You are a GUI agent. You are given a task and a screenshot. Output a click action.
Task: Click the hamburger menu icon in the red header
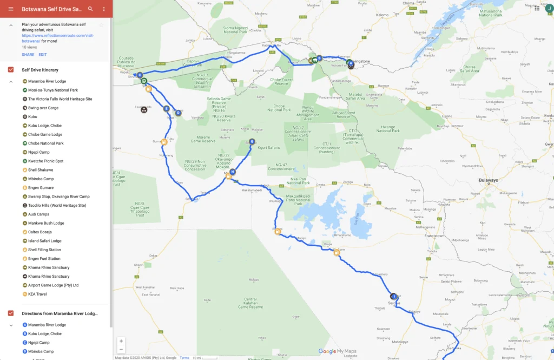[x=10, y=9]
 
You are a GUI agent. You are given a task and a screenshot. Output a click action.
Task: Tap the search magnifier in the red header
[x=90, y=9]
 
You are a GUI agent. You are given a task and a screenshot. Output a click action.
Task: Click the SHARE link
[x=28, y=55]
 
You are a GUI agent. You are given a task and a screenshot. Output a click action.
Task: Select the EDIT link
[x=43, y=55]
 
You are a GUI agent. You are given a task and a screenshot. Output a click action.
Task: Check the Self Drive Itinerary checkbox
[x=11, y=70]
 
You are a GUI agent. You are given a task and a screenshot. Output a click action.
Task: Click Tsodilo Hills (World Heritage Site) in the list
[x=57, y=206]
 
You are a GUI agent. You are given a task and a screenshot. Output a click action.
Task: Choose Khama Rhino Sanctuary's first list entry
[x=49, y=267]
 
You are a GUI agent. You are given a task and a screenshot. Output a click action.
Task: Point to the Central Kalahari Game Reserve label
[x=250, y=303]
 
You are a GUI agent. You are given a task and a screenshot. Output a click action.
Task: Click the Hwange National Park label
[x=388, y=128]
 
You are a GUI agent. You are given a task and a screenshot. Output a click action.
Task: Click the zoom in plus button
[x=121, y=341]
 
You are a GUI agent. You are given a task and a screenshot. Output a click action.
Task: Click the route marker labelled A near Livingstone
[x=351, y=63]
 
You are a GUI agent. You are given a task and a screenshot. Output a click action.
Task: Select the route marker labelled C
[x=140, y=75]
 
